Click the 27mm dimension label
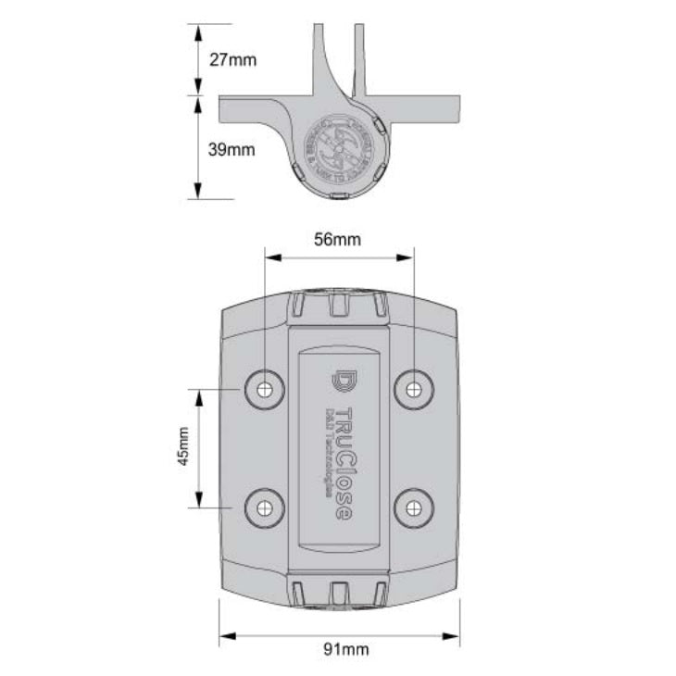click(x=232, y=59)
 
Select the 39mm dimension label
click(x=232, y=149)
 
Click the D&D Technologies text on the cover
click(x=327, y=454)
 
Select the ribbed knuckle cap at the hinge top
click(x=338, y=305)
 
